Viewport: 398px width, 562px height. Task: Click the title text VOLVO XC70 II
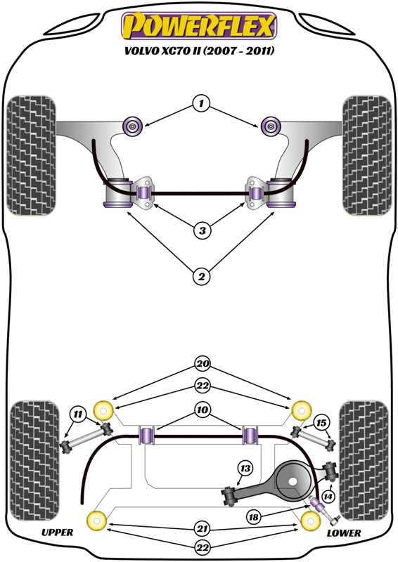coord(199,51)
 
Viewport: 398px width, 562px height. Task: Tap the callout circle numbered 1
coord(202,105)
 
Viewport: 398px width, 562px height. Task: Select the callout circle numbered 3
coord(202,230)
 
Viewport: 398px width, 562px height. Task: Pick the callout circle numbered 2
coord(202,277)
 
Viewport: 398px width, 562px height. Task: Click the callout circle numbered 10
coord(203,409)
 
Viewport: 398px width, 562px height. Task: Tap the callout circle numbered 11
coord(78,414)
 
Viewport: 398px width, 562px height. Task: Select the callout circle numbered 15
coord(321,422)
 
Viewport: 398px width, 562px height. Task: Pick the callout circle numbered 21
coord(203,528)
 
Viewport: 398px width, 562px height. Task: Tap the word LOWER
coord(344,534)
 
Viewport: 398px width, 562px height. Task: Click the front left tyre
coord(30,154)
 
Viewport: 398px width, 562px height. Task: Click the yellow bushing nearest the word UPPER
coord(95,521)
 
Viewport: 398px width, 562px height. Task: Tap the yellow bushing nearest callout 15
coord(301,408)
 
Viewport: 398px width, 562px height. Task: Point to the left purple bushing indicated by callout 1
coord(132,126)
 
